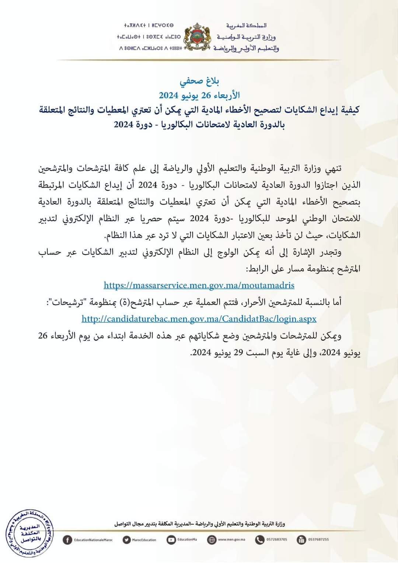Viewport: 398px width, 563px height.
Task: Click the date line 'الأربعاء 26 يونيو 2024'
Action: click(199, 95)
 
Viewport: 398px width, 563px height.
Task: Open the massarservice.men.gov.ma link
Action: click(199, 285)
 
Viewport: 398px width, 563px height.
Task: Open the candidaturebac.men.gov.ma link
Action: click(199, 319)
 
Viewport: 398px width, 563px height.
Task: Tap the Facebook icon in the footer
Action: click(67, 540)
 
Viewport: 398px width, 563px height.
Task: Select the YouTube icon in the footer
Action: click(171, 540)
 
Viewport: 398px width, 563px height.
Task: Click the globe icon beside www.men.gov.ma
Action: click(212, 540)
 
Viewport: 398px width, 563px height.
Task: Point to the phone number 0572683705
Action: click(276, 540)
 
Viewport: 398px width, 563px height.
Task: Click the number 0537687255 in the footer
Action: click(318, 540)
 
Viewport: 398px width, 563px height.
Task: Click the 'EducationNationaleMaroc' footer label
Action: click(93, 540)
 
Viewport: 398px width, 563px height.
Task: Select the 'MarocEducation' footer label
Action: click(144, 540)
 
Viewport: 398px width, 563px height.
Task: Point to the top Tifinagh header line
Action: click(149, 25)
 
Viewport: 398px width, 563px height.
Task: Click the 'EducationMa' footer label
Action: click(186, 540)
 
